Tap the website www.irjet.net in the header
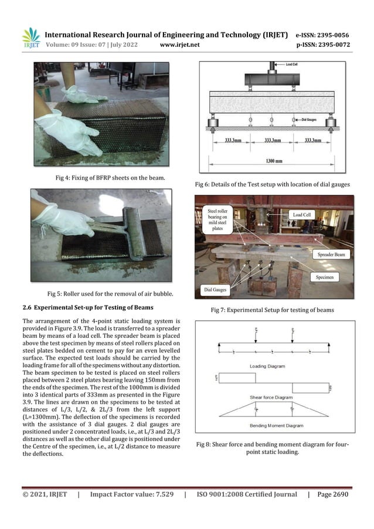click(180, 44)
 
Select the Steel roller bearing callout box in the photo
click(220, 219)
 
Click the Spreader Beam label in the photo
click(334, 256)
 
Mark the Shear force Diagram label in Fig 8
click(271, 397)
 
